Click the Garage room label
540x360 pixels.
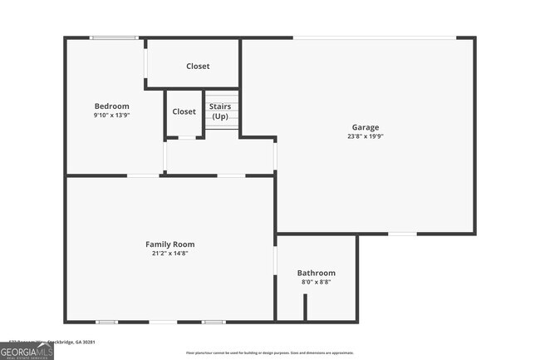tap(365, 127)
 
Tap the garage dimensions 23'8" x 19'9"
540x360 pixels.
tap(365, 136)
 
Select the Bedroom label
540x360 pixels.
tap(111, 106)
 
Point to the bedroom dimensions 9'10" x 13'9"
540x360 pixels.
tap(111, 115)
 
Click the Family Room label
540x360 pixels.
tap(170, 244)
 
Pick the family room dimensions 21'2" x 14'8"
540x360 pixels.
tap(170, 253)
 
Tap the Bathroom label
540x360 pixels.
tap(317, 273)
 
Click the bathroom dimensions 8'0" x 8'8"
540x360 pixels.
tap(317, 282)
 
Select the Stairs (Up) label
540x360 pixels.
tap(219, 111)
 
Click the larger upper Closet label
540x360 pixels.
tap(198, 66)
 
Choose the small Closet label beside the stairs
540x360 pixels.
tap(184, 111)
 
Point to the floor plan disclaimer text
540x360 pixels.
tap(270, 353)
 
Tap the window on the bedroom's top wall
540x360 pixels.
tap(114, 37)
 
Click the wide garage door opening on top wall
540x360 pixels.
tap(374, 37)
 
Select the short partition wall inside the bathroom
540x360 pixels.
tap(305, 307)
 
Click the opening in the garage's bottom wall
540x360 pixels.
tap(403, 234)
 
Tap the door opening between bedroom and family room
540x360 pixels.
tap(143, 175)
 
